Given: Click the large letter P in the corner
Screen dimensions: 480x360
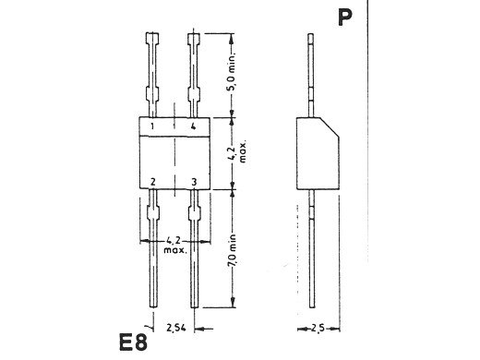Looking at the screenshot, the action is (x=344, y=18).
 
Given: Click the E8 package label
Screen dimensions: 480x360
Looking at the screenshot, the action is (x=133, y=342).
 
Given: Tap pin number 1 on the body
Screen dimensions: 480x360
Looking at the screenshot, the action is (x=153, y=126).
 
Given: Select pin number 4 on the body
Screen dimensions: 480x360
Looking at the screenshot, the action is (x=193, y=126).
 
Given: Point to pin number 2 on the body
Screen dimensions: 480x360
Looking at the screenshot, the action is (x=152, y=182).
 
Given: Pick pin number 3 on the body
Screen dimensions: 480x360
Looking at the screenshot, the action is (x=194, y=182).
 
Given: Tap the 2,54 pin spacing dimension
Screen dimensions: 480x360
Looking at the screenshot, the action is (x=176, y=328).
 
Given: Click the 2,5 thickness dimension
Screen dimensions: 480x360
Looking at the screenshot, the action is (x=318, y=329).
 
